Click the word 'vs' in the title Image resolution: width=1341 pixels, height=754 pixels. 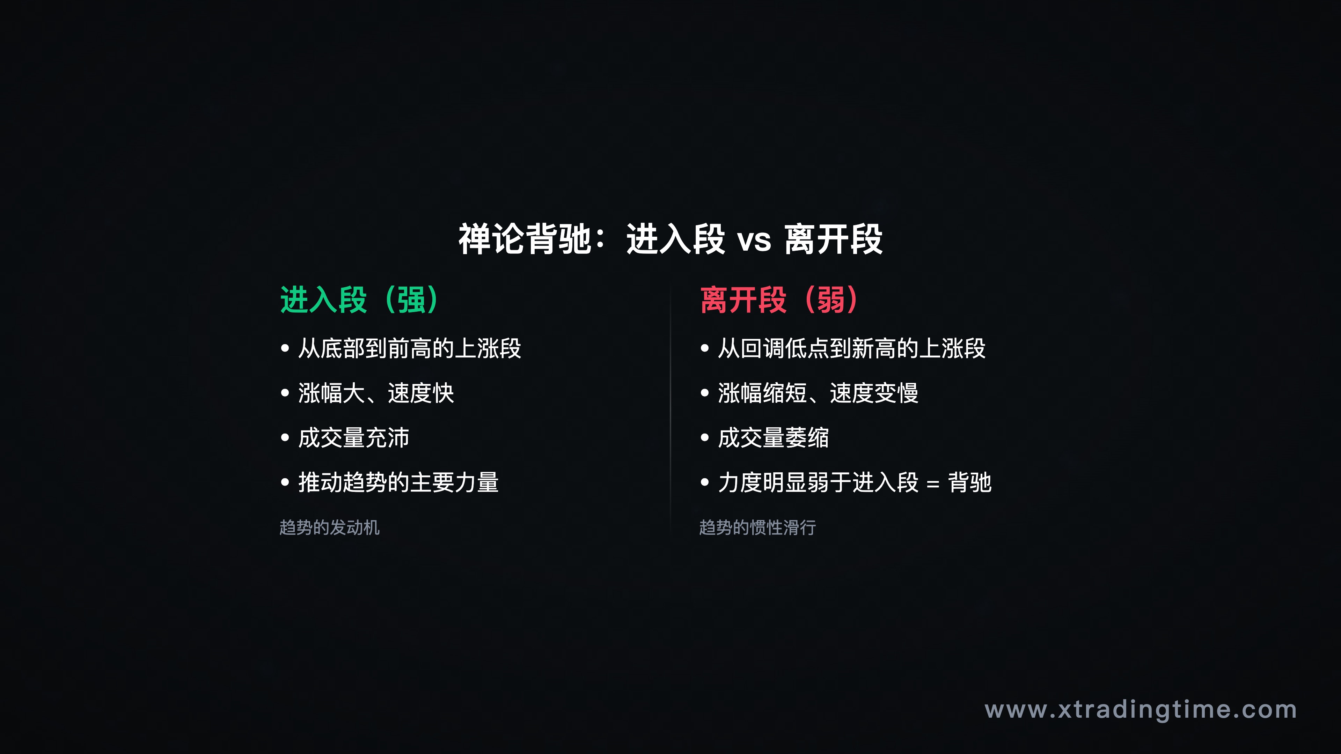pos(754,241)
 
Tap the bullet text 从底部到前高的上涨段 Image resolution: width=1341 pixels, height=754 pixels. pos(409,348)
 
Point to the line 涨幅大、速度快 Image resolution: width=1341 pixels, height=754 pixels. pos(376,393)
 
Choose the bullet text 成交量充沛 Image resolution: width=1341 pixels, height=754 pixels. pos(353,438)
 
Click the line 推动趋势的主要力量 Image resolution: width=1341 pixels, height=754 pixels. pos(398,482)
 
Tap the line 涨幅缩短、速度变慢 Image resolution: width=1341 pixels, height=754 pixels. pos(818,393)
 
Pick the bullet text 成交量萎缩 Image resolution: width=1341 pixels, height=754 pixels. pos(773,438)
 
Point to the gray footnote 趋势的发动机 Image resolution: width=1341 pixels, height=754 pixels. pos(330,527)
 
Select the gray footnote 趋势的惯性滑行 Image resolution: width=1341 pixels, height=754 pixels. pos(757,527)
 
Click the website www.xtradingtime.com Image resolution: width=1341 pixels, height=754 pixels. pos(1141,710)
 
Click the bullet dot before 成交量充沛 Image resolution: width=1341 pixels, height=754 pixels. pos(285,438)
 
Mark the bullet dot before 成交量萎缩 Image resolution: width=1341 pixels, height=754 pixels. pos(705,438)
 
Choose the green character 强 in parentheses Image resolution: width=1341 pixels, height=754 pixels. pos(411,300)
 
